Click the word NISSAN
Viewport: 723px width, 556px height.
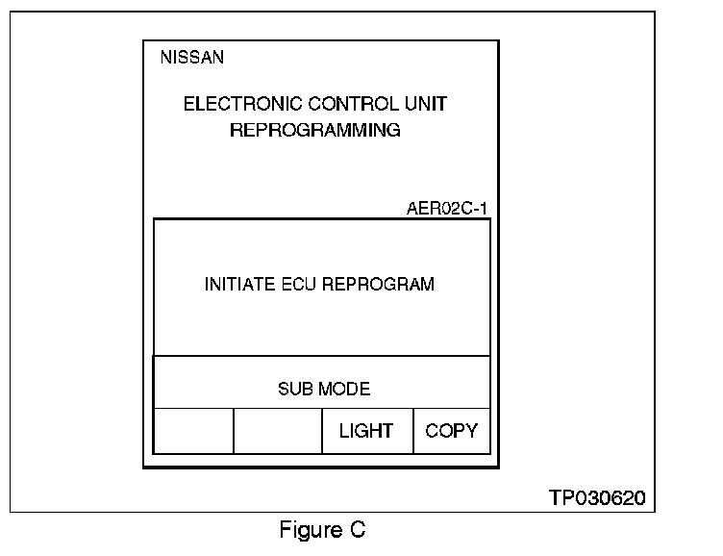(191, 58)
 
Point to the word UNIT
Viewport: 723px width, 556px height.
(428, 104)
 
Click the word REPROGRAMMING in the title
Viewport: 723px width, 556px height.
(315, 130)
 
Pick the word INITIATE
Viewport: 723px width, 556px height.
(236, 285)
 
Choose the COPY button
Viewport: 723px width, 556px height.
(451, 431)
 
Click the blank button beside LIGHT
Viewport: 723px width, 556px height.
(277, 431)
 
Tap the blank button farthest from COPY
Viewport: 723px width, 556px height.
(193, 431)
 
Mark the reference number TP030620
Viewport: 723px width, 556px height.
(597, 498)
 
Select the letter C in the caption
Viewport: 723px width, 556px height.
(358, 530)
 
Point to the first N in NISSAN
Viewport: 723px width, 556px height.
(165, 58)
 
